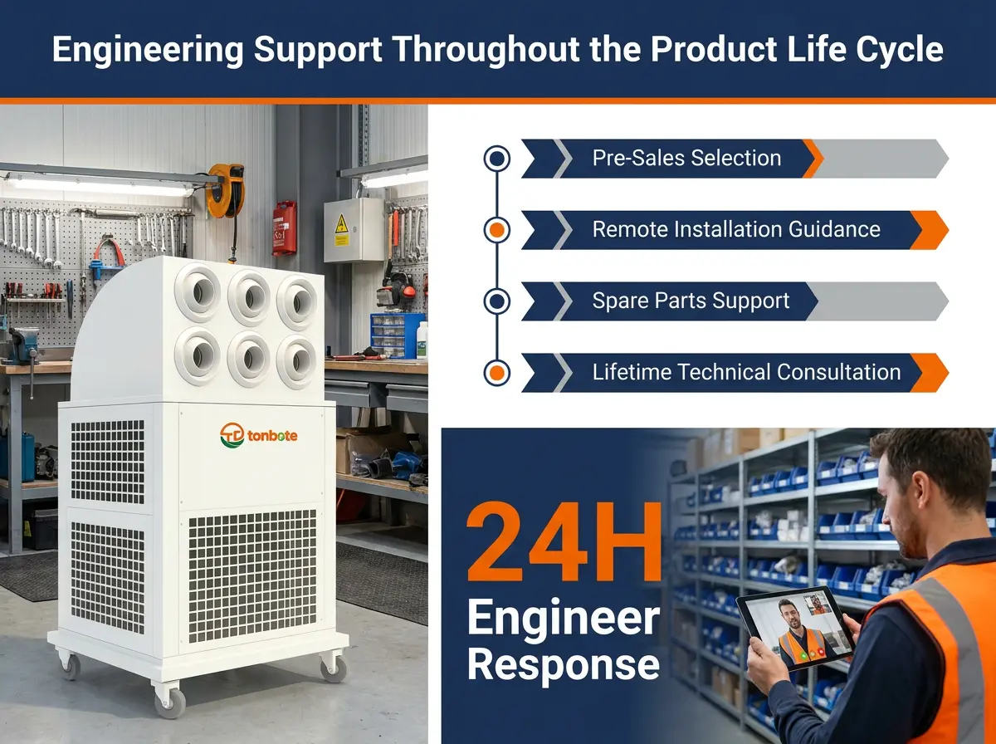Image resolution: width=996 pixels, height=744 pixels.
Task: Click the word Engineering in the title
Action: pos(148,51)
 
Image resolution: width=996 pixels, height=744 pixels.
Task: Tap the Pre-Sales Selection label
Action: pos(686,158)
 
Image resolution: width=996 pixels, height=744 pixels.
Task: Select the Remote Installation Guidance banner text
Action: pos(736,229)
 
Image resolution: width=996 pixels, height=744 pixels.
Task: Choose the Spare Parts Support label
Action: pos(691,301)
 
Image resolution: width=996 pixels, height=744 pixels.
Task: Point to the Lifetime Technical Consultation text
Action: pos(746,372)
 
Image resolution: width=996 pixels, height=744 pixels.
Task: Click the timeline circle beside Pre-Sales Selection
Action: pos(497,159)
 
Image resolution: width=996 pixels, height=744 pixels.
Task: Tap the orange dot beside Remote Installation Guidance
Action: pos(497,230)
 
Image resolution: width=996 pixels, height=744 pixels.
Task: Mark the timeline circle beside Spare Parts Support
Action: pos(497,301)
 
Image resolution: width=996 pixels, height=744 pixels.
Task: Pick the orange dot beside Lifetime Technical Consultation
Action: pos(497,373)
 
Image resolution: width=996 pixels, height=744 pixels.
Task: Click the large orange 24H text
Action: pos(564,541)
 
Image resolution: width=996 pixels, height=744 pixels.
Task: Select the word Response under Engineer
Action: pos(563,664)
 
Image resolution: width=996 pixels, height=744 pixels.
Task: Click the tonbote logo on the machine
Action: pos(259,435)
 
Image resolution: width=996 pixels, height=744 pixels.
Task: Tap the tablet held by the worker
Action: pos(795,629)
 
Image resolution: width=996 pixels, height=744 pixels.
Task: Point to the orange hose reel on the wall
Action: pos(225,190)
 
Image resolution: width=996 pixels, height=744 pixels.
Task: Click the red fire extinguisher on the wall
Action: pos(285,228)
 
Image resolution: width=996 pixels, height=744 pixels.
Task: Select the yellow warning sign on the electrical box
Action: pos(341,225)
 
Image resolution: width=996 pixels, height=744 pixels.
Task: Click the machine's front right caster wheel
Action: pos(334,668)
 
